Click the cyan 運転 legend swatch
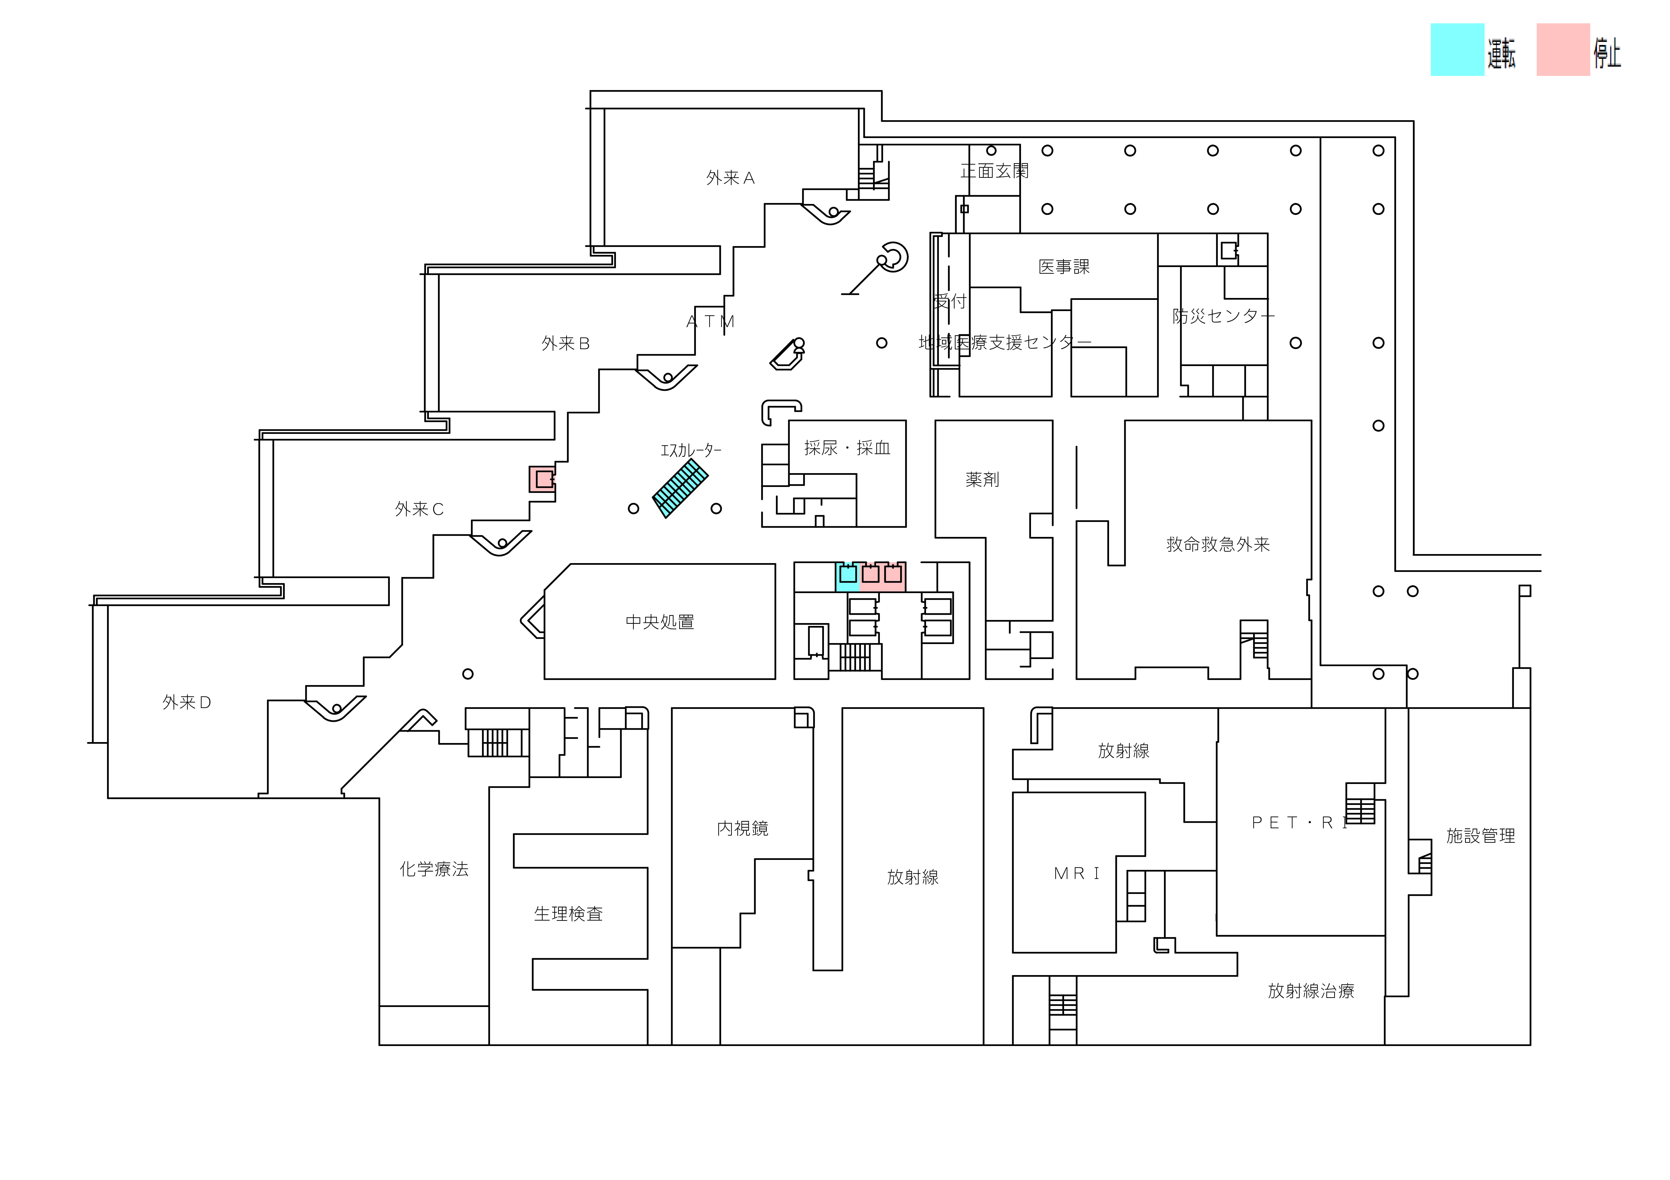click(1457, 50)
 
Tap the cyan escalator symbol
click(680, 487)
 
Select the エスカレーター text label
click(690, 450)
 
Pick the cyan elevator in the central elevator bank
click(847, 576)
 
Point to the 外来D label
click(186, 702)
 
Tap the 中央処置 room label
click(660, 622)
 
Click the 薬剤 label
click(982, 479)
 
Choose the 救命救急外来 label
click(1218, 544)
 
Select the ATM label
click(711, 322)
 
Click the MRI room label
click(1076, 873)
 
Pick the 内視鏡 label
click(742, 828)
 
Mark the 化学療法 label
click(433, 869)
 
